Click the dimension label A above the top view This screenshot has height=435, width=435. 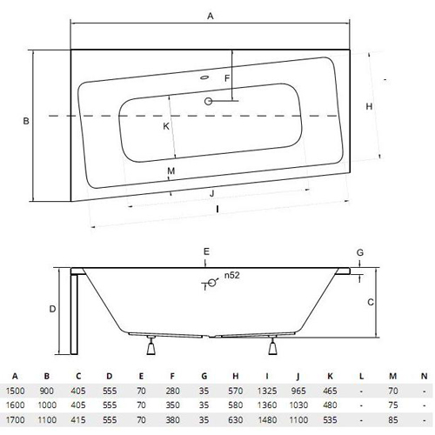(211, 16)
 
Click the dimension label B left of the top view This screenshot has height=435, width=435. (26, 121)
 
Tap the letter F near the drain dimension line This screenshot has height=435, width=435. (227, 78)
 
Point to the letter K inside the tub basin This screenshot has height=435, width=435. (166, 126)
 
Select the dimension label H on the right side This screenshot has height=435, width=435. (369, 107)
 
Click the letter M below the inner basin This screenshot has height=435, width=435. (171, 171)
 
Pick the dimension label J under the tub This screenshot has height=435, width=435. (212, 193)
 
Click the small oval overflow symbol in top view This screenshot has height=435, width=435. (204, 77)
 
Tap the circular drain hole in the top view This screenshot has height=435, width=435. (208, 101)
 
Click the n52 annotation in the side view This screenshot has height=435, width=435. (232, 275)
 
